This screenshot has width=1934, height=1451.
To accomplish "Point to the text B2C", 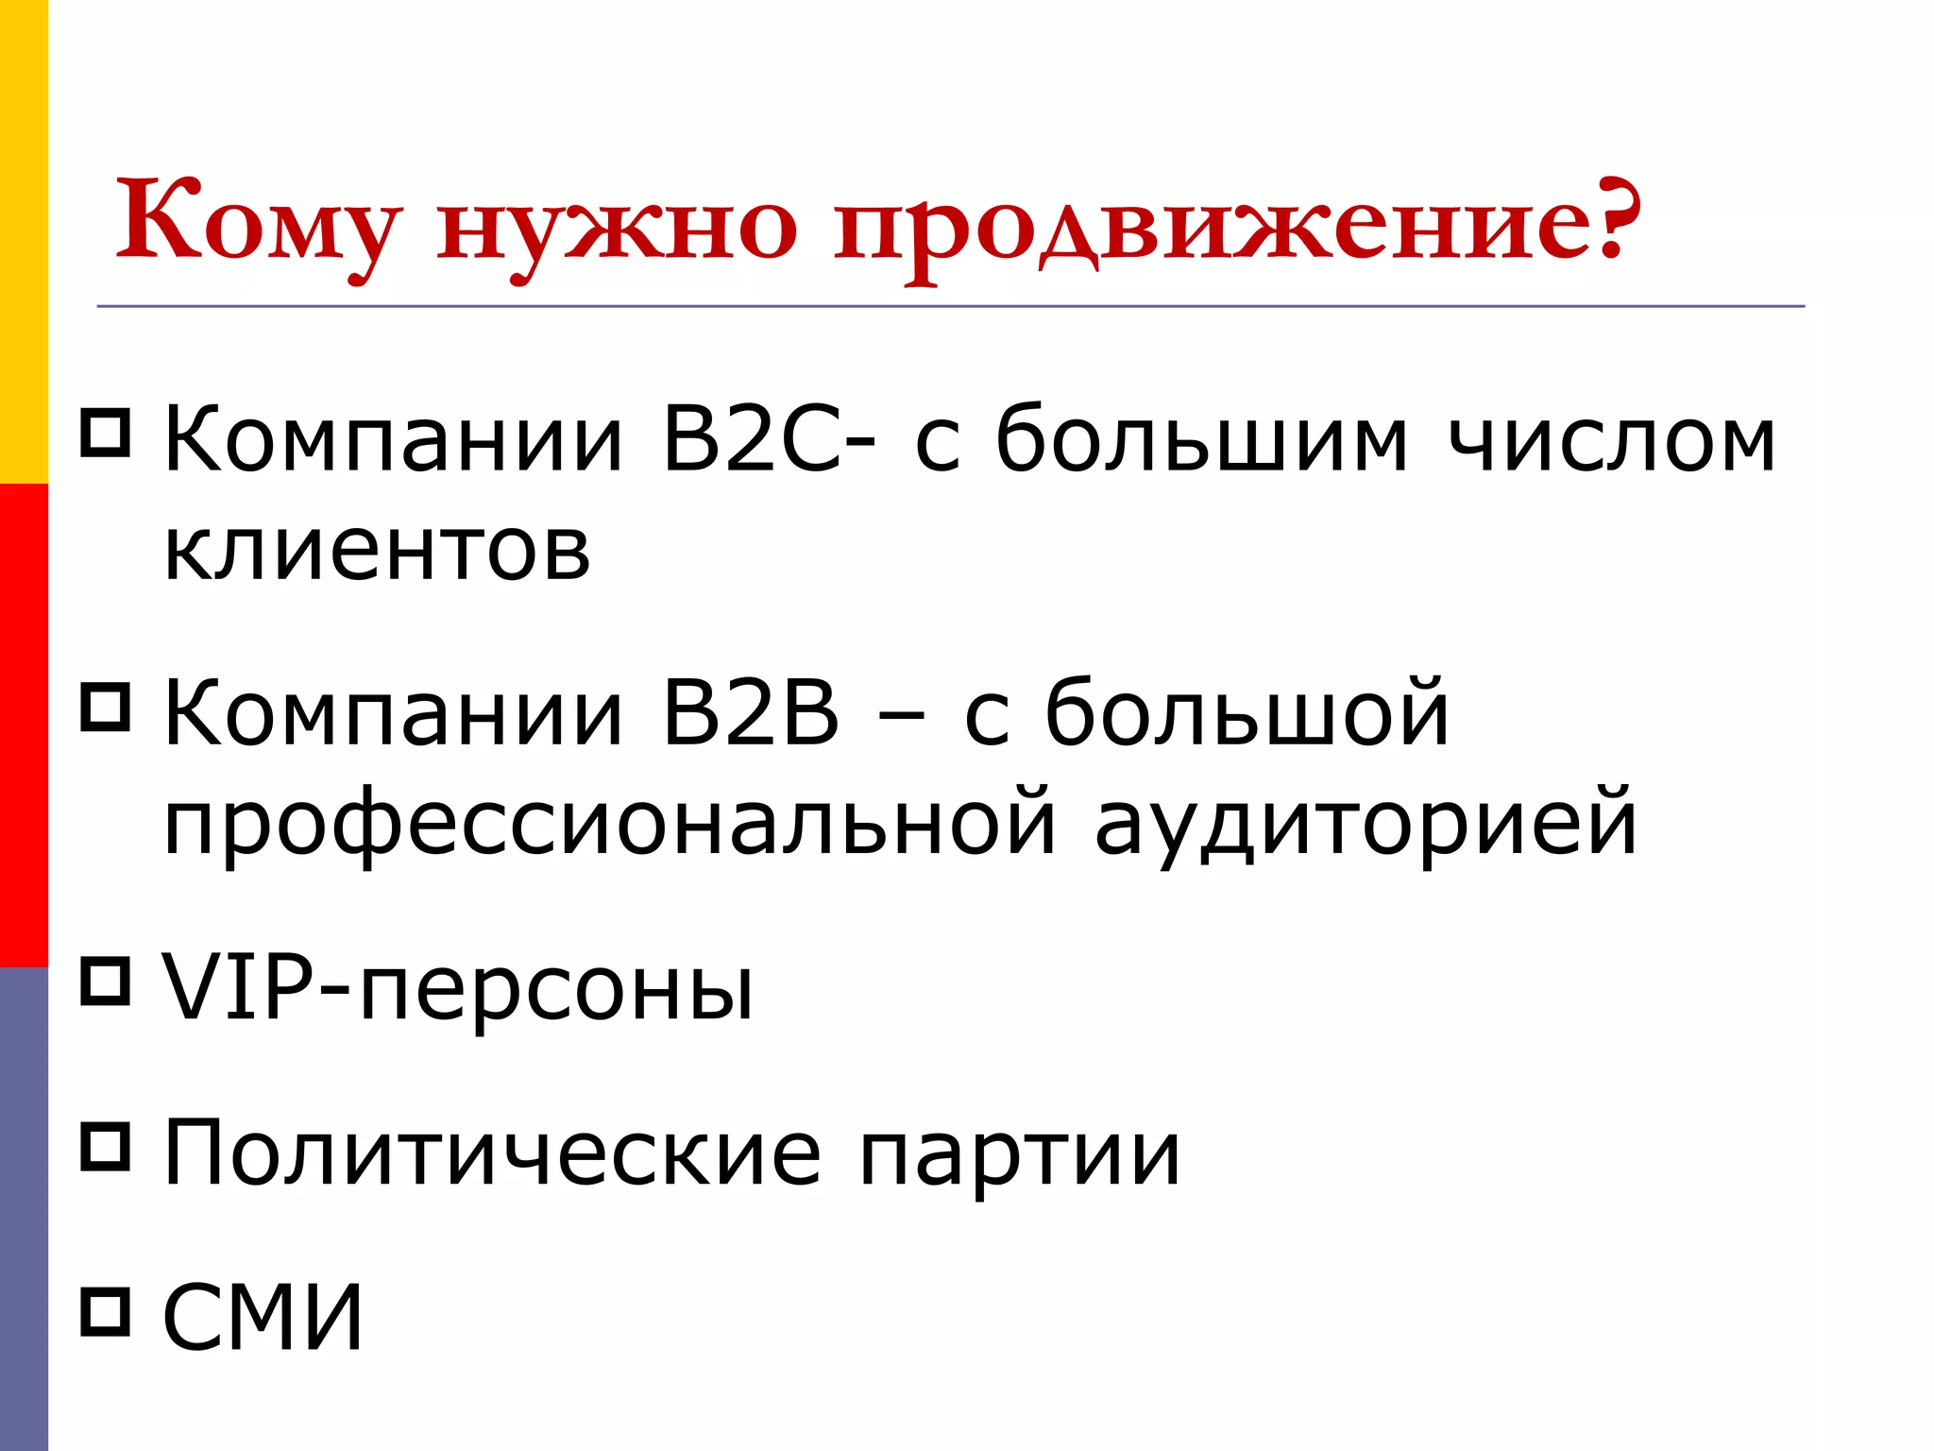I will pos(751,439).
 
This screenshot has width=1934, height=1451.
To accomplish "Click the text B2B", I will pos(751,713).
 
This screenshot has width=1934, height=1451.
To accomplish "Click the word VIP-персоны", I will pos(459,988).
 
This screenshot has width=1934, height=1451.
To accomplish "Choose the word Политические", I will pos(492,1154).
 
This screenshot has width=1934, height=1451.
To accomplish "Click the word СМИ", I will pos(263,1317).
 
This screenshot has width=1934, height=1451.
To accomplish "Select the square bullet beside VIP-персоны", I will pos(105,982).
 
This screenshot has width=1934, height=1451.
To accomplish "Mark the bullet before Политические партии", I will pos(105,1146).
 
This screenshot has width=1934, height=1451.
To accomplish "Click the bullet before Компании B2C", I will pos(105,433).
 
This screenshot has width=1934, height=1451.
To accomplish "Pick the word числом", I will pos(1611,440).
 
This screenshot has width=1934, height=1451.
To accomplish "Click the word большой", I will pos(1247,713).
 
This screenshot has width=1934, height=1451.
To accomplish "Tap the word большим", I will pos(1201,440).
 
